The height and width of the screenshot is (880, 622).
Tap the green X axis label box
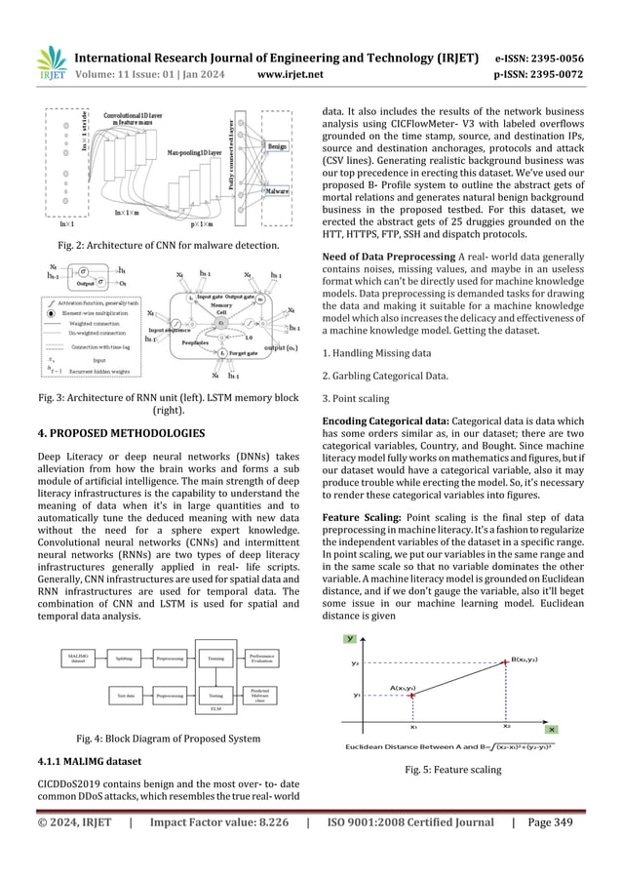click(x=551, y=730)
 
